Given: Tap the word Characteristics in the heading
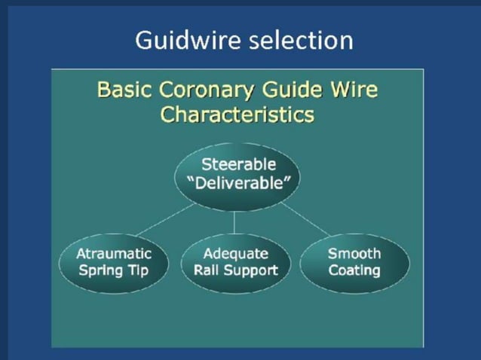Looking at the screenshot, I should [x=237, y=115].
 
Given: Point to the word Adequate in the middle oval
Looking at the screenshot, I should [x=235, y=253].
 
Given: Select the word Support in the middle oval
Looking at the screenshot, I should [x=251, y=270].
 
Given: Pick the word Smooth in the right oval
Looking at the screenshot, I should [x=354, y=253].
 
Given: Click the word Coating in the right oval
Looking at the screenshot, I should [x=354, y=270].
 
